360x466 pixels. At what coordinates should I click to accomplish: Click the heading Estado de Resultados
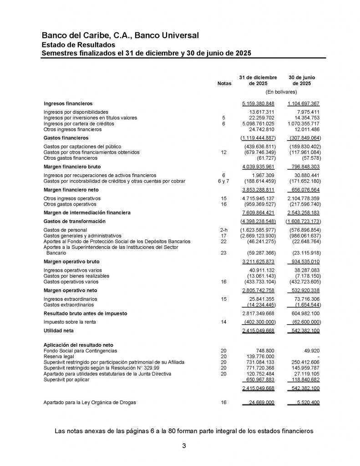[78, 45]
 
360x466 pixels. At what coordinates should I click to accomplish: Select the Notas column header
[224, 84]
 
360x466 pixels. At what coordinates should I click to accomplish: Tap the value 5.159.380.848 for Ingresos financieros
[258, 103]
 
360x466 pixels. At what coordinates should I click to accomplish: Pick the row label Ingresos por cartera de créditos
[79, 123]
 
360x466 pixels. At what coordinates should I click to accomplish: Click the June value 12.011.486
[304, 129]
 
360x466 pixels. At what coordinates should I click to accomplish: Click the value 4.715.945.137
[258, 198]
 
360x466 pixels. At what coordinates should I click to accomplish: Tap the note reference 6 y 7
[223, 181]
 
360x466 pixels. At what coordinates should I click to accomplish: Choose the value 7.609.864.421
[258, 213]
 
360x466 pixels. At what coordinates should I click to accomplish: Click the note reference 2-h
[223, 230]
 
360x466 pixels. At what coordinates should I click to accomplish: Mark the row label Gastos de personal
[65, 230]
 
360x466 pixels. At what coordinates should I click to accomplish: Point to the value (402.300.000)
[258, 322]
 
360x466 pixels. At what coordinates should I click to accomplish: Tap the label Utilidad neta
[58, 330]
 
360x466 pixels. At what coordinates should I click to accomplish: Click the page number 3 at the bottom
[184, 446]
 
